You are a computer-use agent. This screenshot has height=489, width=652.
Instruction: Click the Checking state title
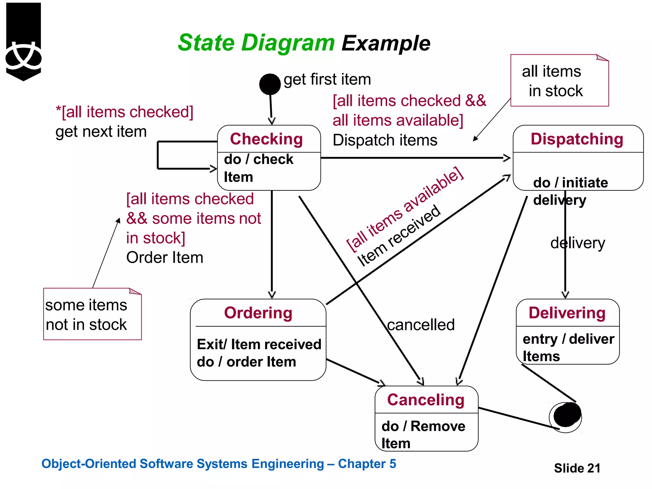[266, 139]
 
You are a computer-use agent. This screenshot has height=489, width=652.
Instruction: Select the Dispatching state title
[577, 139]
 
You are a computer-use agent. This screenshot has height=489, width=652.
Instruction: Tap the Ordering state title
[258, 313]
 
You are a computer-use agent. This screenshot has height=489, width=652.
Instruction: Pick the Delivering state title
[567, 313]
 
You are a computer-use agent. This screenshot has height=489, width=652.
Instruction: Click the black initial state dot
[270, 84]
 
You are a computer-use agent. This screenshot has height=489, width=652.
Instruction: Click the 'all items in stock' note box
[559, 81]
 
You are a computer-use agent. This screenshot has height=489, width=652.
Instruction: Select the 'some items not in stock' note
[92, 314]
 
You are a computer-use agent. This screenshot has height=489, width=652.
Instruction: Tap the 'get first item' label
[327, 79]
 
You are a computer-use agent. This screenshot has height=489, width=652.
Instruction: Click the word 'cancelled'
[421, 325]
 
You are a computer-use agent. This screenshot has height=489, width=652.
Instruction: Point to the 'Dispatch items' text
[385, 140]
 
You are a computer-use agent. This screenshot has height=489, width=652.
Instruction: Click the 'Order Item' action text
[165, 257]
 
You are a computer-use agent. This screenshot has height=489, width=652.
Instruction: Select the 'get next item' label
[101, 131]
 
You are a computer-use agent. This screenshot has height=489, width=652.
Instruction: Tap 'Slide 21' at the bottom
[577, 468]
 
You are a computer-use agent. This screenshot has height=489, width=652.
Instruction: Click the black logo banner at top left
[23, 41]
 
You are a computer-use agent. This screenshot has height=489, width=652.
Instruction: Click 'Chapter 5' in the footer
[367, 464]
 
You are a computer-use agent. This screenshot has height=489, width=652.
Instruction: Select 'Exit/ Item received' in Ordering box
[259, 344]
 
